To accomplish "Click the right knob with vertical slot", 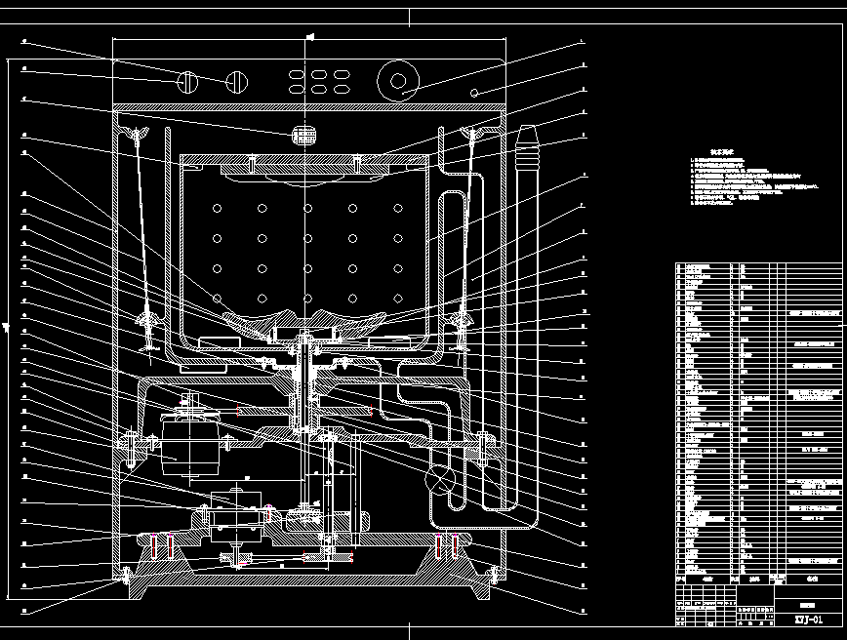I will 235,82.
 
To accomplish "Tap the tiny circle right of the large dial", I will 474,93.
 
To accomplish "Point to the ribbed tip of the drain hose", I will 527,145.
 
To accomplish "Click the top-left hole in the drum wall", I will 217,207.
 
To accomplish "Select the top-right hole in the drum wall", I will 397,207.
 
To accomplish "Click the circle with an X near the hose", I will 441,478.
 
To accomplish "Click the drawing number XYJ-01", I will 807,620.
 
